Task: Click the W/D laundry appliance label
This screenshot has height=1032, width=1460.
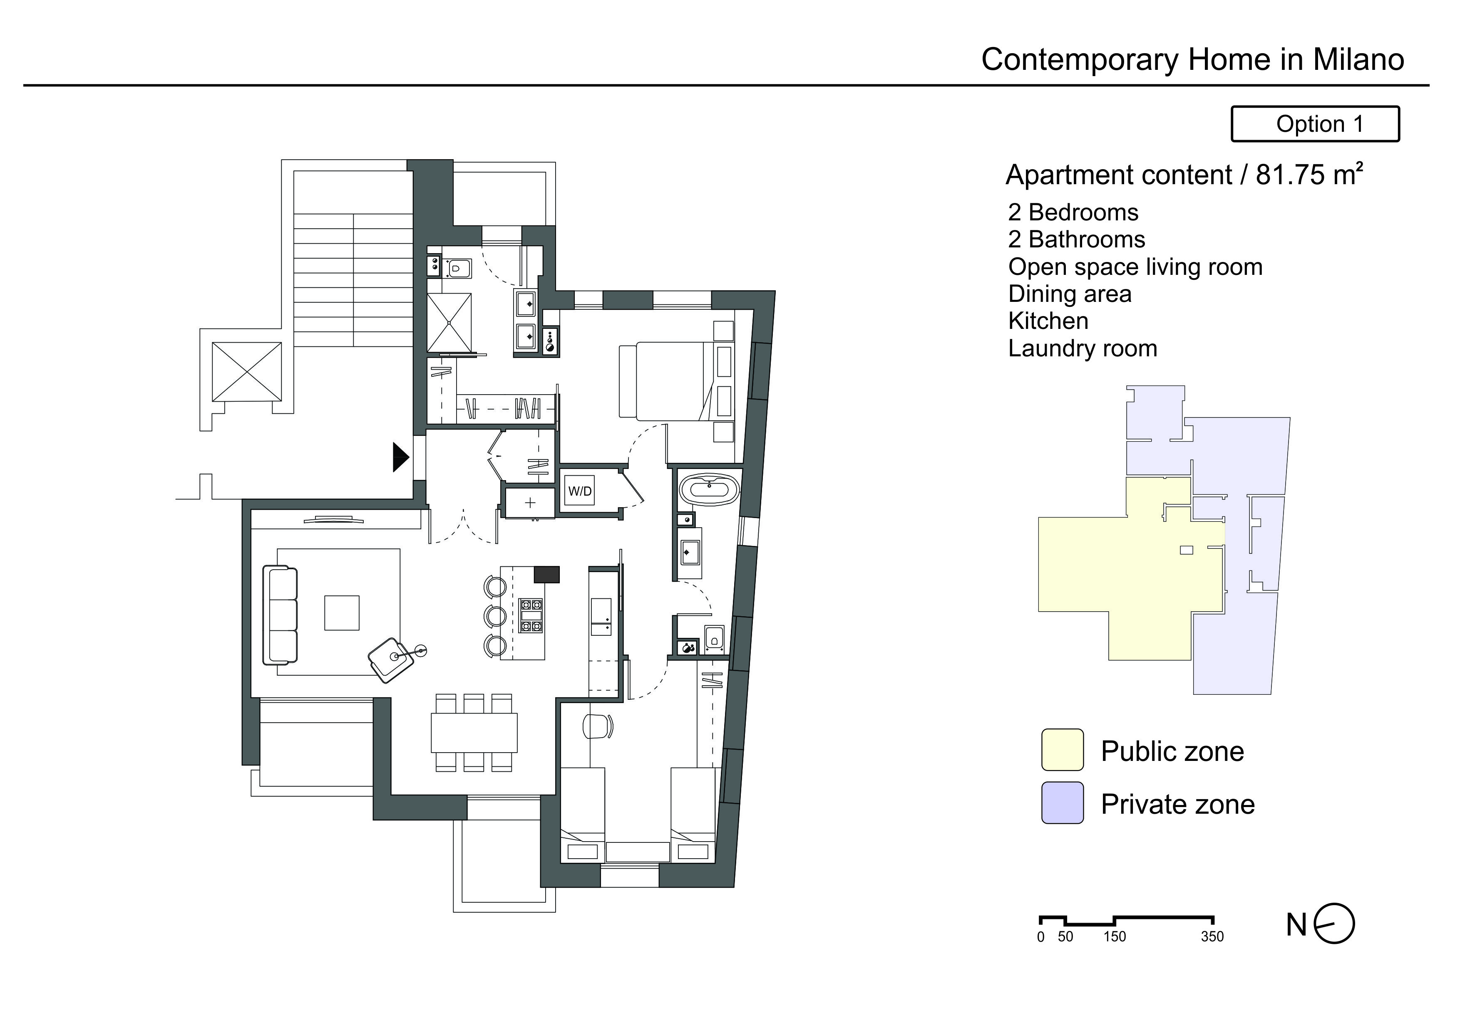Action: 579,491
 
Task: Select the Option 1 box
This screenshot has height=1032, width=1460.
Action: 1315,124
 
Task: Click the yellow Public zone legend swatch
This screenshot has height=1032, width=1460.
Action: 1062,750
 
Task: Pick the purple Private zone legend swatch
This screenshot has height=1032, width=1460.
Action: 1062,803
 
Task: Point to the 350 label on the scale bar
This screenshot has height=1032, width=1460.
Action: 1212,937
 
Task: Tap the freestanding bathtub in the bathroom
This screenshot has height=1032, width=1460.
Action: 709,490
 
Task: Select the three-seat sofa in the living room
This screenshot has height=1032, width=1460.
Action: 281,615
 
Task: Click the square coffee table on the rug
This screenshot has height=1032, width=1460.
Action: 342,612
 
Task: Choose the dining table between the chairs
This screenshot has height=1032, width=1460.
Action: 474,733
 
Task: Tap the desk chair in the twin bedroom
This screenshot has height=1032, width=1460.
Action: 598,726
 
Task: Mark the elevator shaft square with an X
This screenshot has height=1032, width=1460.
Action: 247,372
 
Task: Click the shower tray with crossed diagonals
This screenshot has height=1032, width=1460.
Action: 449,323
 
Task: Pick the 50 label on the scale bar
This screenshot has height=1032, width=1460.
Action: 1065,937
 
